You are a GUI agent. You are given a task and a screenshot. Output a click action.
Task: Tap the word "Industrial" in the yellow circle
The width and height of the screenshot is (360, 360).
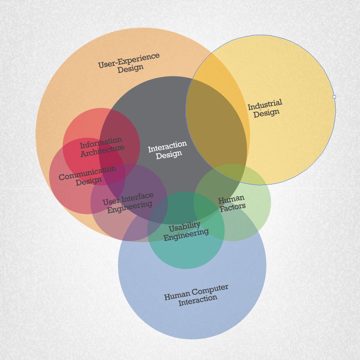[265, 105]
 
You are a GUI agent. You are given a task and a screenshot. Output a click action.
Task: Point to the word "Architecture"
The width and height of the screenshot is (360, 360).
[102, 151]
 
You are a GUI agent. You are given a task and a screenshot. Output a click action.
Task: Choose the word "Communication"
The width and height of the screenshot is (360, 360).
[87, 173]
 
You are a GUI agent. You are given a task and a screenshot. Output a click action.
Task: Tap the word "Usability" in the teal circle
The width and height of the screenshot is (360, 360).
[184, 227]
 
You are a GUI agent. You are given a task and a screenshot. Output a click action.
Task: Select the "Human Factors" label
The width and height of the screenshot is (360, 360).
[232, 203]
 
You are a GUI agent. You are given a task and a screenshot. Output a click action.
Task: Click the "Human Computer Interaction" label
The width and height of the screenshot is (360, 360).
[197, 295]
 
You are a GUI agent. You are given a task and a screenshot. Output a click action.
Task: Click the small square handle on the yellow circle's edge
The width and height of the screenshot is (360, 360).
[334, 97]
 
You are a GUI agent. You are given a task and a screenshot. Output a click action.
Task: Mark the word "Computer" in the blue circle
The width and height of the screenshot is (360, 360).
[211, 290]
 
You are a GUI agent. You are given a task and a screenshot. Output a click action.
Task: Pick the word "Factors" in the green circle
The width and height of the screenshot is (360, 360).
[233, 207]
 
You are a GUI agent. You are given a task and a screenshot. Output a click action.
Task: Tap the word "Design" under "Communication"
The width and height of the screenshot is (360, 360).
[89, 182]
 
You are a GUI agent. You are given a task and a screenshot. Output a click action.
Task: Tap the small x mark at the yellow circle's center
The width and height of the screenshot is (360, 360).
[260, 110]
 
